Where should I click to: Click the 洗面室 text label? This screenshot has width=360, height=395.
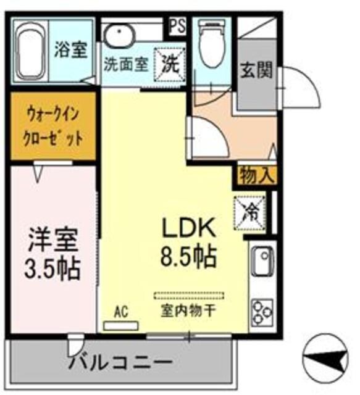pyautogui.click(x=126, y=64)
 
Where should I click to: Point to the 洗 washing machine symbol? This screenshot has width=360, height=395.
pyautogui.click(x=170, y=62)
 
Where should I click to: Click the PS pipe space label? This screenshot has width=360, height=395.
pyautogui.click(x=178, y=25)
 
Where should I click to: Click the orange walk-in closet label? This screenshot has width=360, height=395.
pyautogui.click(x=53, y=126)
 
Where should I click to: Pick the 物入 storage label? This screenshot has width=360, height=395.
pyautogui.click(x=255, y=175)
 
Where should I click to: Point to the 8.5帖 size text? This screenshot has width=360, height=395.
pyautogui.click(x=188, y=254)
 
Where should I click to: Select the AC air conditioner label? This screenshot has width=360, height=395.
pyautogui.click(x=122, y=312)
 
